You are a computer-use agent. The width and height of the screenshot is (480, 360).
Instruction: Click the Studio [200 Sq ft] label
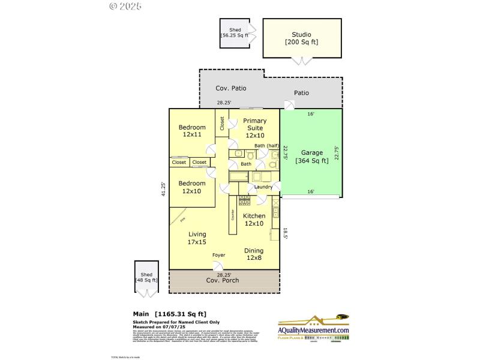[302, 38]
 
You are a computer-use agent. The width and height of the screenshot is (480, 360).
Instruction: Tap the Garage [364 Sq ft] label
[311, 156]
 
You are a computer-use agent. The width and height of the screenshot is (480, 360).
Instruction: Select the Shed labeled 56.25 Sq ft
[234, 32]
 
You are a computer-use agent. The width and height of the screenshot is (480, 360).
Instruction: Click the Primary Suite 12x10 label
[255, 128]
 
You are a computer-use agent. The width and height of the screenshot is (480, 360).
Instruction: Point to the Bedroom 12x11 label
[192, 131]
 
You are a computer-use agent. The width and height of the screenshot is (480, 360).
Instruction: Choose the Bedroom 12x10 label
[192, 187]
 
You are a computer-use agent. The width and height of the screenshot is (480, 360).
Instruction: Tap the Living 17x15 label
[197, 238]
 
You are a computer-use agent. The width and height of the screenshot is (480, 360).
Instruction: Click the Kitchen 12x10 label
[254, 220]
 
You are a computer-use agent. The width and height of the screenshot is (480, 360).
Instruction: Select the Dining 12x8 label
[254, 254]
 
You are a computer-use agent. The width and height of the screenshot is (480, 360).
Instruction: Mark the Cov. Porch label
[223, 280]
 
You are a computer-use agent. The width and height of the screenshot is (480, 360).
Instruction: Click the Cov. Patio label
[231, 88]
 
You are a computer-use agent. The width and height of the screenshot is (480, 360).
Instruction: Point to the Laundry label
[263, 187]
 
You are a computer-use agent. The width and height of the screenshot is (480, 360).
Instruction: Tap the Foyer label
[219, 255]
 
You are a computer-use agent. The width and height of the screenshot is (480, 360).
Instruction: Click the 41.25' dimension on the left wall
[163, 189]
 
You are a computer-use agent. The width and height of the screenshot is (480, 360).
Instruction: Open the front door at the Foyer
[219, 265]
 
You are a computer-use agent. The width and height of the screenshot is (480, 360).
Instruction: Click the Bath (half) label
[266, 146]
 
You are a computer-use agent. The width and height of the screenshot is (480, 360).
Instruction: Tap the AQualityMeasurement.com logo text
[313, 330]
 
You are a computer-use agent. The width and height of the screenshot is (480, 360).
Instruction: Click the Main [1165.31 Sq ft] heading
[169, 313]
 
